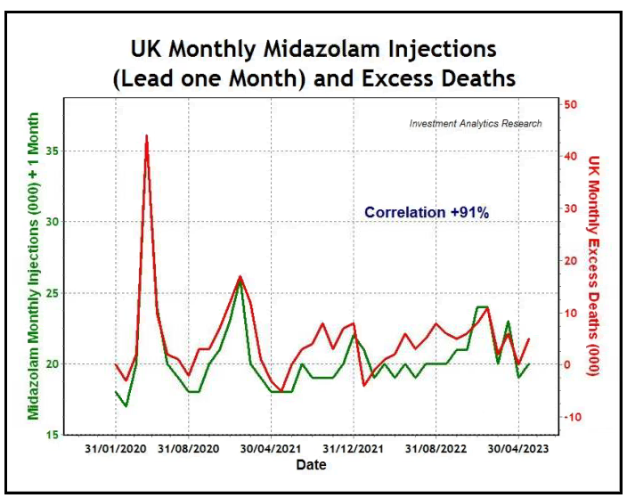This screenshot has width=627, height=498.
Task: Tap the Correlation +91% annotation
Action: pyautogui.click(x=427, y=212)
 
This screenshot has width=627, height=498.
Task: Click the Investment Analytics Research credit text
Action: pyautogui.click(x=475, y=124)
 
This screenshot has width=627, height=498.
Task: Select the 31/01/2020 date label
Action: pyautogui.click(x=116, y=449)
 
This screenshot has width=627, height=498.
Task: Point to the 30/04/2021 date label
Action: pyautogui.click(x=272, y=449)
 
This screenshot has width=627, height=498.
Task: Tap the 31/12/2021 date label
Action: pyautogui.click(x=354, y=449)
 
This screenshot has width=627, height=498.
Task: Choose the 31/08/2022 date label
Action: pyautogui.click(x=436, y=449)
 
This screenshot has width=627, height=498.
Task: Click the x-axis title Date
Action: pyautogui.click(x=311, y=465)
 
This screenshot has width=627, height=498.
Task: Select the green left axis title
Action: pyautogui.click(x=33, y=265)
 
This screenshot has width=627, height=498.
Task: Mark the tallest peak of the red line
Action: pyautogui.click(x=146, y=136)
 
